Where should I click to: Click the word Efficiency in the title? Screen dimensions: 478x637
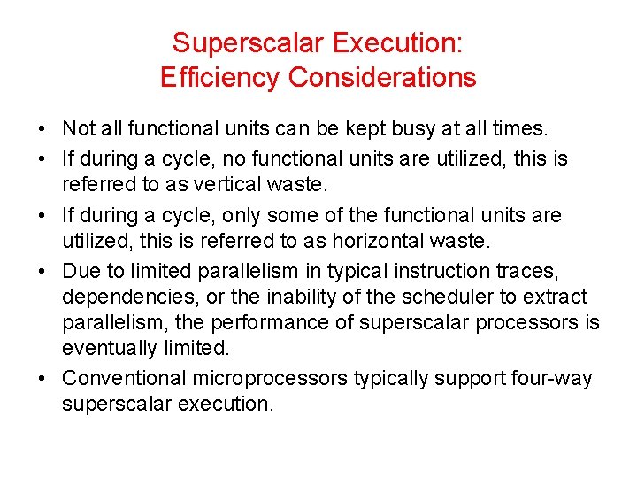point(220,78)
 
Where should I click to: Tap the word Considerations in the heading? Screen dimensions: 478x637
point(382,78)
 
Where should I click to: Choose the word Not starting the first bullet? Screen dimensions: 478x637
point(78,129)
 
